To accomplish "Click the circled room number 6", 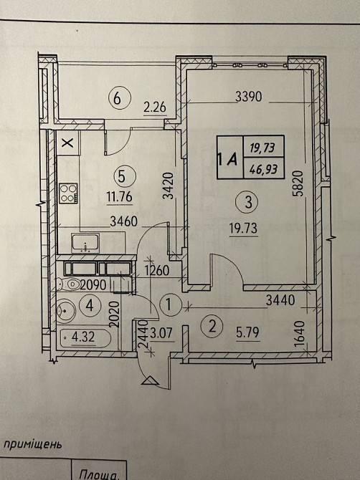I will click(118, 99).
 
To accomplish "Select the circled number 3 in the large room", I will click(248, 203).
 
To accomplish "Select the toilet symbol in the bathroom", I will click(67, 310).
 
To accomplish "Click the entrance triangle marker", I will click(148, 383).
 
